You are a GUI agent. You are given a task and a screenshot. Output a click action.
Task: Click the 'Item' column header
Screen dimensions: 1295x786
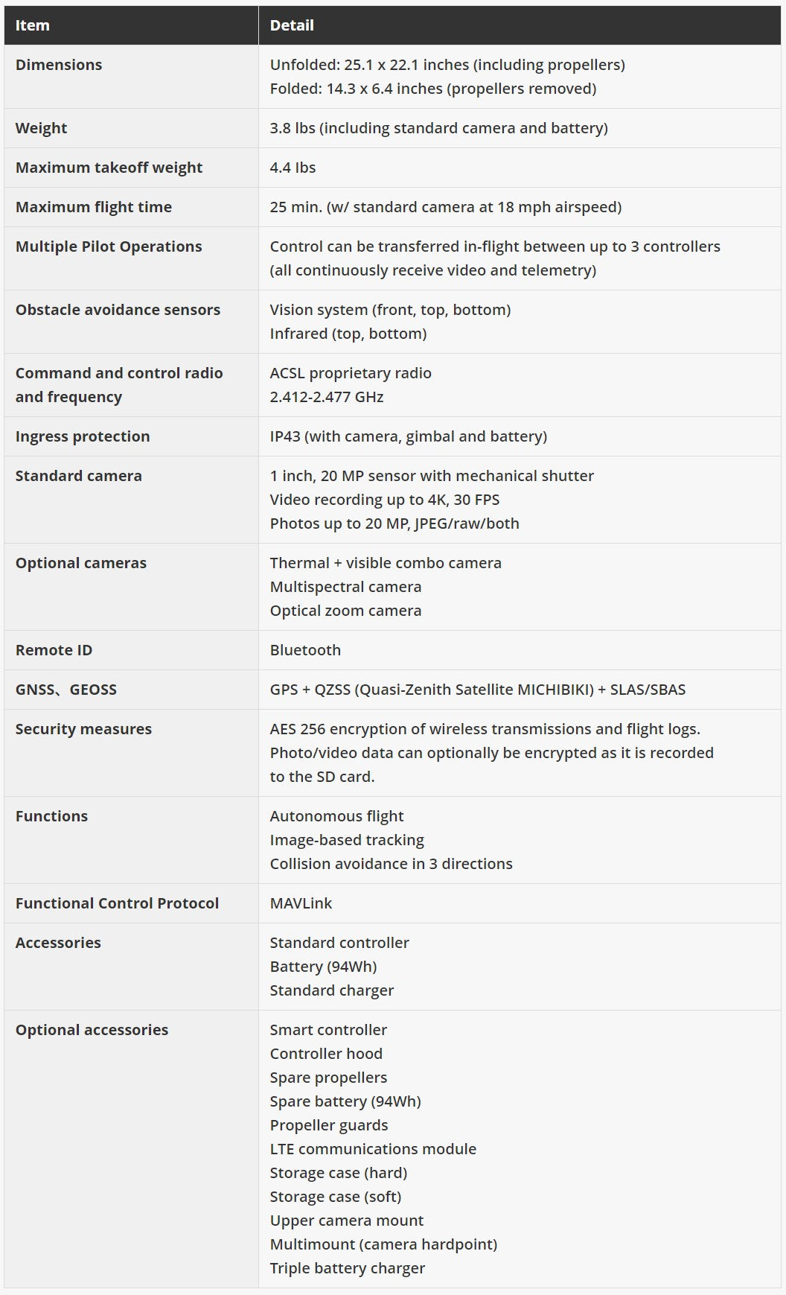click(x=32, y=25)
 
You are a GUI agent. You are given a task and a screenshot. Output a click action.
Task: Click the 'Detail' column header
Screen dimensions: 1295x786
click(x=292, y=25)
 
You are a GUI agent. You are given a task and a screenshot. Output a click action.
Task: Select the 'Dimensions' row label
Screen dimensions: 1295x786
click(x=59, y=65)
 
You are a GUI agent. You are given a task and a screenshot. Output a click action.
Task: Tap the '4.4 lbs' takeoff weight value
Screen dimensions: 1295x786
click(x=293, y=168)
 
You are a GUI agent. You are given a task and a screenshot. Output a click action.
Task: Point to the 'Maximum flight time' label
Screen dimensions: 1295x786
click(x=94, y=207)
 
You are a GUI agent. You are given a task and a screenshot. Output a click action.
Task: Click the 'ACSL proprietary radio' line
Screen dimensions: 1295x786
click(x=351, y=373)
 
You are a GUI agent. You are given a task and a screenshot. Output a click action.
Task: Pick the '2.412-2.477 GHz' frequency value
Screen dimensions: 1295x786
click(x=327, y=397)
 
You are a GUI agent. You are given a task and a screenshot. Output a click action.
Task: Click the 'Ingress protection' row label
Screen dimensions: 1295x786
click(x=83, y=436)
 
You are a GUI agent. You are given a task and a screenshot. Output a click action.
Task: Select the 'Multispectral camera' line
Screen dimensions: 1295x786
click(x=345, y=587)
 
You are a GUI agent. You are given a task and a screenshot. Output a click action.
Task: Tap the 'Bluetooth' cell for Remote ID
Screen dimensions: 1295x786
click(x=305, y=650)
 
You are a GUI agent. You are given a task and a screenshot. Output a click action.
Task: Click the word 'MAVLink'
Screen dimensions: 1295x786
click(x=301, y=903)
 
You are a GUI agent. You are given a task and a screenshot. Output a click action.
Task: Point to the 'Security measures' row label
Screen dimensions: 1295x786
click(x=83, y=729)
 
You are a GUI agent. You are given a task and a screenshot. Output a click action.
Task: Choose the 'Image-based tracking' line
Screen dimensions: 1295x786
click(x=347, y=840)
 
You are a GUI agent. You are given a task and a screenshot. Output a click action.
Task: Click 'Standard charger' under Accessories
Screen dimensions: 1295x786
click(x=332, y=990)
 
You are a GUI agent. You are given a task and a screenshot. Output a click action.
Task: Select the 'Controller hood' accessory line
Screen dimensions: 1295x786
click(x=326, y=1054)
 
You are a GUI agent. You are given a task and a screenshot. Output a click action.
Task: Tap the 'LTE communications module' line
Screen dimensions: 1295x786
click(x=373, y=1149)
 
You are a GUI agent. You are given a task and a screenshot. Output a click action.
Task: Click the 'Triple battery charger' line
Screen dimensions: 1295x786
click(x=348, y=1268)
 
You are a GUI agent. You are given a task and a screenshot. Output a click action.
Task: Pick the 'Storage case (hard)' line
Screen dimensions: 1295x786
click(x=339, y=1173)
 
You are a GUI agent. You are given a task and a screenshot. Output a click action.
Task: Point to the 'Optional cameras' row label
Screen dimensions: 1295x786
click(x=81, y=563)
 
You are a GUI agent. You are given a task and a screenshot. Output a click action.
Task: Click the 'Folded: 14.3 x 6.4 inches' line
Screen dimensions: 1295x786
click(x=433, y=89)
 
